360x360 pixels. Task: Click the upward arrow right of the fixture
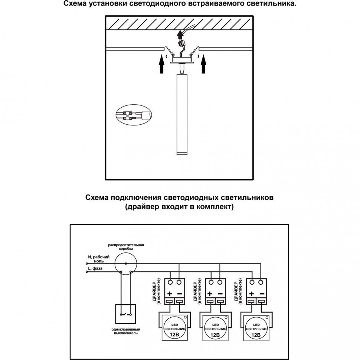point(203,64)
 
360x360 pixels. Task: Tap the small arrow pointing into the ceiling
point(180,36)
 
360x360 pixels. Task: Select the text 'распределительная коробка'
point(126,247)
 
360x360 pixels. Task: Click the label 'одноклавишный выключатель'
point(125,331)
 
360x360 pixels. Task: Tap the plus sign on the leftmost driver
point(169,293)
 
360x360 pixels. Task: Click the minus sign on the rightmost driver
point(262,293)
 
